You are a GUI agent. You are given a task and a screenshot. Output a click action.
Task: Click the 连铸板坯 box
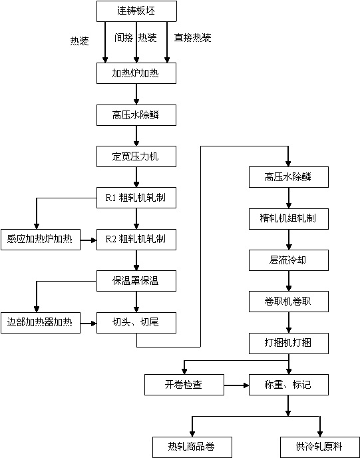point(136,11)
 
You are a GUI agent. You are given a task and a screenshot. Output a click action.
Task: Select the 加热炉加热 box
point(136,73)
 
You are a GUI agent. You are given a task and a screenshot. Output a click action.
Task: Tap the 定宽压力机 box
point(136,156)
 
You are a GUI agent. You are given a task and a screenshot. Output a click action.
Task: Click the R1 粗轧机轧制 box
point(136,198)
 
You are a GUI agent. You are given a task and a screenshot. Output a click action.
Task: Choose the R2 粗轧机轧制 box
point(136,240)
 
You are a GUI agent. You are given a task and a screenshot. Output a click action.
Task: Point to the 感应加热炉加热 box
point(41,240)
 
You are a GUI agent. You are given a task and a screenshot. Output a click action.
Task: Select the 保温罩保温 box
point(136,281)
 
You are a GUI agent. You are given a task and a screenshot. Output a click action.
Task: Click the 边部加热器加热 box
point(41,322)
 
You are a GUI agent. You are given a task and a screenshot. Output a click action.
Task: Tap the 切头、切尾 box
point(136,322)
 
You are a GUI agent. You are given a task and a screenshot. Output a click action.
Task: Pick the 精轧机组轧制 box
point(289,219)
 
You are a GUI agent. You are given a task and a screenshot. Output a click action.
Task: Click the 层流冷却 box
point(289,260)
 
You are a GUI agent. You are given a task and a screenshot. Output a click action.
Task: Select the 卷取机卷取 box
point(289,302)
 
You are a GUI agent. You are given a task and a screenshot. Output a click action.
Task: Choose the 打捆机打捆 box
point(289,343)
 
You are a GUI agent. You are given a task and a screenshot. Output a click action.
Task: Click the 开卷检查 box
point(184,385)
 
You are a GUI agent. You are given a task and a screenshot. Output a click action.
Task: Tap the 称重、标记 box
point(289,385)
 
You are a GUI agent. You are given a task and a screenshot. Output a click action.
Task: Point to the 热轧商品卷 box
point(192,447)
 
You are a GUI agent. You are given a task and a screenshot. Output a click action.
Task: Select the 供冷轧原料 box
point(320,447)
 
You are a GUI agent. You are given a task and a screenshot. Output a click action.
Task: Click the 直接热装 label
point(193,38)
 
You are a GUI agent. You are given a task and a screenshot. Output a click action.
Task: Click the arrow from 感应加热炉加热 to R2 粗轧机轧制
point(89,240)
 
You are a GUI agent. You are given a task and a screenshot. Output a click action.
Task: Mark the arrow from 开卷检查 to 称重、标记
point(236,385)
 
